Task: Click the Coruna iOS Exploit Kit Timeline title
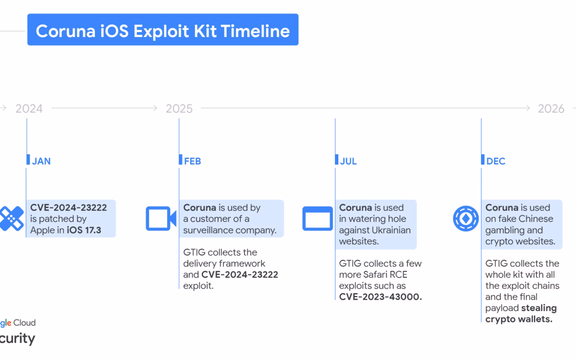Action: click(163, 31)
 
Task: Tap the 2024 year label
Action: click(29, 108)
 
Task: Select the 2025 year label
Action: click(179, 108)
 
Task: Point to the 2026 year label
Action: click(551, 108)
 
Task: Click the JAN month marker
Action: click(41, 161)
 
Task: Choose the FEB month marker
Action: click(192, 161)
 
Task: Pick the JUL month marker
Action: click(348, 161)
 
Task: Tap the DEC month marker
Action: click(496, 161)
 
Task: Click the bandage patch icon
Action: click(12, 219)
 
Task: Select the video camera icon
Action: click(161, 219)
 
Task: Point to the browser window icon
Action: click(318, 219)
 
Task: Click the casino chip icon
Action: click(466, 219)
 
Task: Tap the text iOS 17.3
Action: click(84, 230)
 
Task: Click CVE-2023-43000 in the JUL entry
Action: click(381, 297)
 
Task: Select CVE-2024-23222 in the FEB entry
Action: click(240, 275)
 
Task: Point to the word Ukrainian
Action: click(392, 230)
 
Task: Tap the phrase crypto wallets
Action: click(519, 319)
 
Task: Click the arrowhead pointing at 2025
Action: click(155, 108)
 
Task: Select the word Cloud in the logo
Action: click(24, 323)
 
